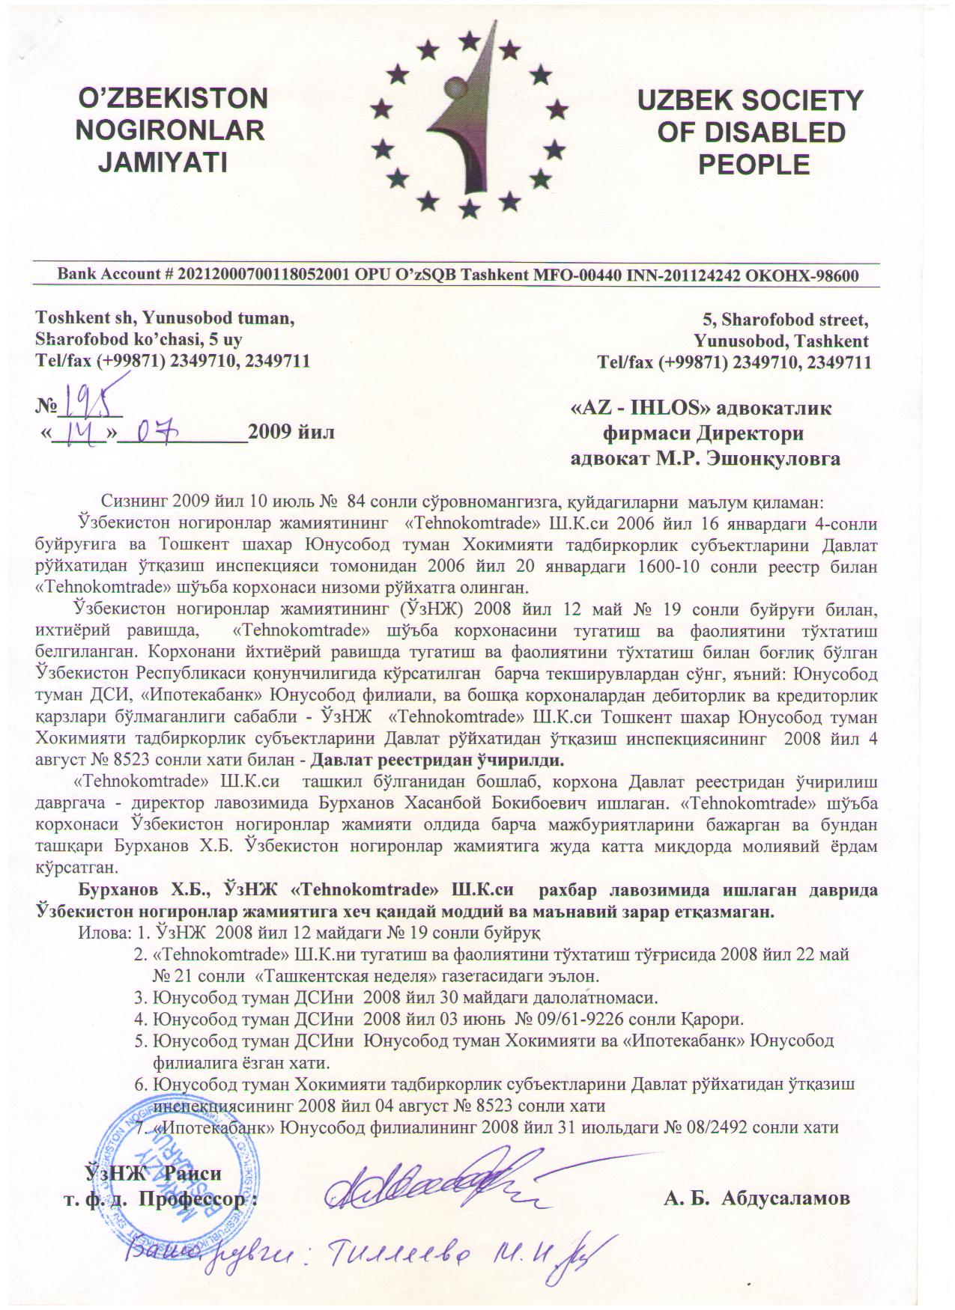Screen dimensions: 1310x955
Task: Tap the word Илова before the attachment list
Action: point(102,933)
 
